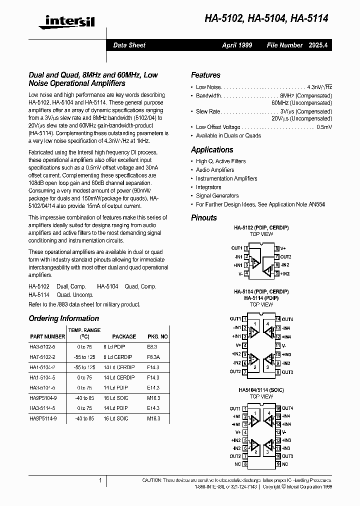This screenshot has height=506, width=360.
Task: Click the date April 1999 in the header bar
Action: (x=237, y=45)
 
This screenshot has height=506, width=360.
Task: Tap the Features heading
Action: (x=205, y=75)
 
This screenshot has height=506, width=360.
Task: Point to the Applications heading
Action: (x=212, y=149)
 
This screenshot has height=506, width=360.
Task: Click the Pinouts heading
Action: (x=204, y=217)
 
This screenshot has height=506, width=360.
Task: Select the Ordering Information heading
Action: (x=63, y=318)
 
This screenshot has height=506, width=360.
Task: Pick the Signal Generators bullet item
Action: (x=217, y=195)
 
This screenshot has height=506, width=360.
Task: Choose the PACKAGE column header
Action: (x=124, y=336)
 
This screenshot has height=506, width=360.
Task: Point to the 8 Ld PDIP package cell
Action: (x=115, y=346)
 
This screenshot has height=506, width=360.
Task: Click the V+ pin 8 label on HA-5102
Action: (x=283, y=247)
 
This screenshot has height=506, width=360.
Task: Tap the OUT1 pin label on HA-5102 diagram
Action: (x=236, y=247)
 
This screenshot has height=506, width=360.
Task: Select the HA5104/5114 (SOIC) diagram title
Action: (x=261, y=389)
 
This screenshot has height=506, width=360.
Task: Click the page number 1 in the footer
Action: (x=100, y=480)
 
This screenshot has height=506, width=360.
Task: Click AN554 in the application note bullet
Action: (x=316, y=204)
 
